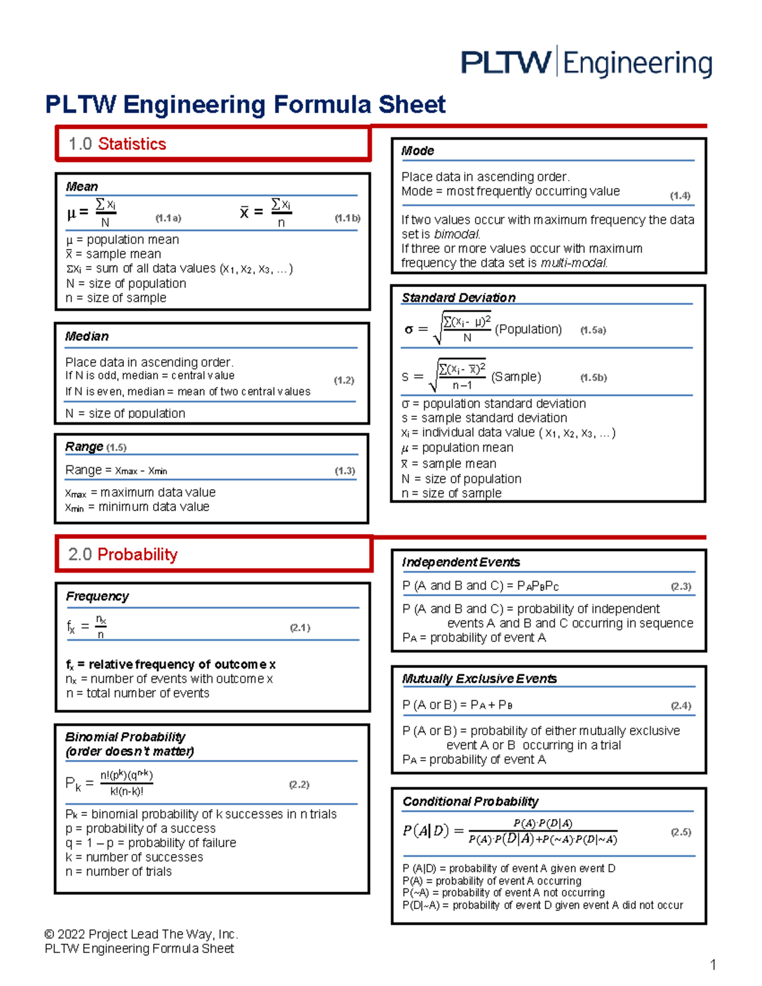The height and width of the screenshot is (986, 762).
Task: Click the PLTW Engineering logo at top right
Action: (586, 63)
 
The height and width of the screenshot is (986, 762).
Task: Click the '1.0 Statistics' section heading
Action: (117, 144)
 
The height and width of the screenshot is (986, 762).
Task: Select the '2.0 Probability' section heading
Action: (123, 554)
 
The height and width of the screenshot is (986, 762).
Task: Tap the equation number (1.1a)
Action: (168, 218)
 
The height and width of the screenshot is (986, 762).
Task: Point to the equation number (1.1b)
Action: (347, 218)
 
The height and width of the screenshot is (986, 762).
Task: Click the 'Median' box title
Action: (87, 336)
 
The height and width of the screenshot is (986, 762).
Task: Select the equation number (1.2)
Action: (344, 380)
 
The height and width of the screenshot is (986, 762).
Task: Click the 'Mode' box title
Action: (417, 151)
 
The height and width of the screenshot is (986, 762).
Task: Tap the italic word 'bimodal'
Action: (457, 234)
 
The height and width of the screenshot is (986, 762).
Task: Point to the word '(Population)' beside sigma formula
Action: (528, 330)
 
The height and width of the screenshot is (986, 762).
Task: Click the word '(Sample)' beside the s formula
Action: (516, 377)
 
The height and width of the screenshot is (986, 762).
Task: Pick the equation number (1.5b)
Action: (593, 378)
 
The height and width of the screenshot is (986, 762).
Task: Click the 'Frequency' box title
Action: (97, 596)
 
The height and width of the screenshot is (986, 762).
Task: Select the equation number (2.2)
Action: (299, 785)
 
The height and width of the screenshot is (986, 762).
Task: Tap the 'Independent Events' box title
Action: (461, 563)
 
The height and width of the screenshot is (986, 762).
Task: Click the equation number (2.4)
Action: (681, 705)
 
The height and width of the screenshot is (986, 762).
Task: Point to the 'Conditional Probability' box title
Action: (471, 802)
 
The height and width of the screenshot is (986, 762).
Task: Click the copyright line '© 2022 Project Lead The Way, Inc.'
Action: (141, 934)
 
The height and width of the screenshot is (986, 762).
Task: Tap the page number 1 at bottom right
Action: (713, 965)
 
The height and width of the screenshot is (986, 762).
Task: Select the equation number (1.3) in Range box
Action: (345, 470)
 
